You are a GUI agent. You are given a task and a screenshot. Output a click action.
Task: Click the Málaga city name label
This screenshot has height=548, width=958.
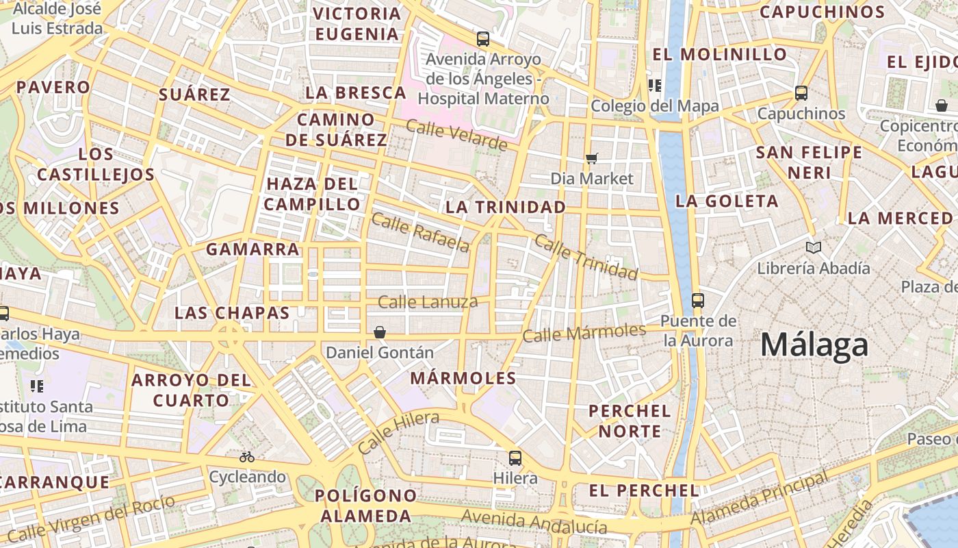(x=814, y=345)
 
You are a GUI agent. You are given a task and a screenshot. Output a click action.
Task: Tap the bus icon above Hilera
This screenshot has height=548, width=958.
(x=515, y=458)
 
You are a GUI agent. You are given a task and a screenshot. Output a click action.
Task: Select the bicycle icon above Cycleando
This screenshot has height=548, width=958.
(x=246, y=457)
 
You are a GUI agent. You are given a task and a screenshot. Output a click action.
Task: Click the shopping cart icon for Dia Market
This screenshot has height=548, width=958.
(x=592, y=159)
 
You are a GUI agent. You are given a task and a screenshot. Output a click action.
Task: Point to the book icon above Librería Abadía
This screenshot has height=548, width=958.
(x=813, y=247)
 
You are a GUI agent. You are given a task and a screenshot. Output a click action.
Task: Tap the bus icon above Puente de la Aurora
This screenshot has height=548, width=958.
(x=698, y=300)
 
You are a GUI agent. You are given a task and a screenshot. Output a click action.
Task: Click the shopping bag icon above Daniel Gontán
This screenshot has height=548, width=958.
(x=380, y=332)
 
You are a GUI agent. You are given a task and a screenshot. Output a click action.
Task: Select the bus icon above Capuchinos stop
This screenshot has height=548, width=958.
(x=801, y=93)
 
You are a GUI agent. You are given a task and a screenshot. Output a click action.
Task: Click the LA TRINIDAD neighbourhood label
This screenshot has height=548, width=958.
(x=506, y=207)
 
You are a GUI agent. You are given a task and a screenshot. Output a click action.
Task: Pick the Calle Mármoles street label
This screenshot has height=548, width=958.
(x=584, y=333)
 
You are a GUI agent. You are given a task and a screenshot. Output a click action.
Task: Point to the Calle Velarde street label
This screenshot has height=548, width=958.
(x=456, y=135)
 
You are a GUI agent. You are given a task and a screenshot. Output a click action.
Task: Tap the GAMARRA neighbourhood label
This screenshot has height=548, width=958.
(x=253, y=249)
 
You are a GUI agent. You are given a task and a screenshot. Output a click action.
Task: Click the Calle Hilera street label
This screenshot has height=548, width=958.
(x=398, y=432)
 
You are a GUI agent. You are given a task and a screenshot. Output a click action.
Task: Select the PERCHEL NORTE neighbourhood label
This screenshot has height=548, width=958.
(x=630, y=421)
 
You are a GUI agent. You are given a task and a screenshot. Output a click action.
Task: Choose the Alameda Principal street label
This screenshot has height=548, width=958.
(x=760, y=497)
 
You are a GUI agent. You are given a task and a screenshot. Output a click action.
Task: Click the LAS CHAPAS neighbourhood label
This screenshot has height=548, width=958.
(x=233, y=313)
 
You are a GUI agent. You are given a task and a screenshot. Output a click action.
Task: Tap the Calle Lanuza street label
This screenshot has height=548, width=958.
(x=428, y=301)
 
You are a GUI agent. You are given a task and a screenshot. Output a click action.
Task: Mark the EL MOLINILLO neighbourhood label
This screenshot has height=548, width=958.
(x=719, y=54)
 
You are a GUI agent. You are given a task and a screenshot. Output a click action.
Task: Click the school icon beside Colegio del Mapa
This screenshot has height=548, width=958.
(x=655, y=86)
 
